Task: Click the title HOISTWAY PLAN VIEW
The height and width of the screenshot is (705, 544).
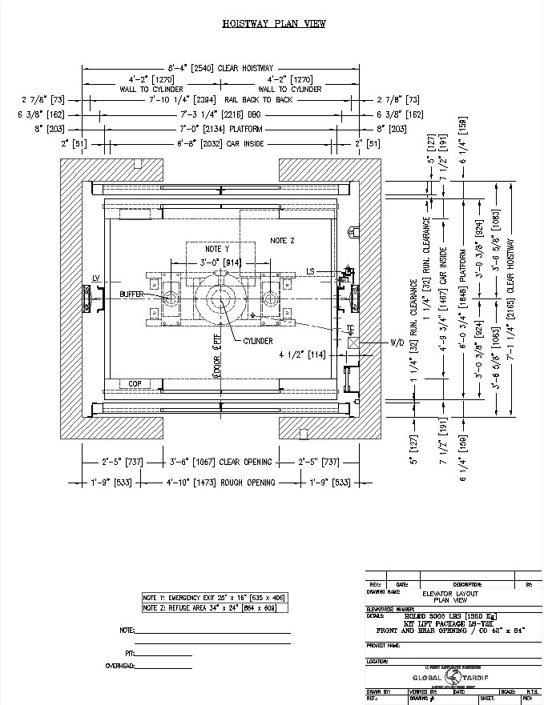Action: click(x=273, y=25)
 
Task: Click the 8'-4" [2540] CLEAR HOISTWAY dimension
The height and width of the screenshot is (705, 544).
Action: click(x=221, y=68)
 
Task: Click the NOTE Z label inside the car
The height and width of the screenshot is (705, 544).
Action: click(x=282, y=240)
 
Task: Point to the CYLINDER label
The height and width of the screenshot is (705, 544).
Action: click(x=257, y=341)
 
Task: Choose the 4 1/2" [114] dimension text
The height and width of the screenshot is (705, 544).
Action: click(x=302, y=354)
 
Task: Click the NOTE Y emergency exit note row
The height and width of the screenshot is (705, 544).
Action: click(x=214, y=598)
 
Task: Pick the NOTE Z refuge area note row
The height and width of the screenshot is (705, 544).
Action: click(x=214, y=608)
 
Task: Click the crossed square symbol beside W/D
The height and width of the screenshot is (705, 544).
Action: click(x=353, y=342)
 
